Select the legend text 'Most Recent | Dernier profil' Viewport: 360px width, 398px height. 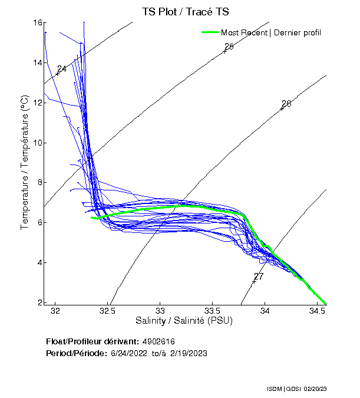pyautogui.click(x=271, y=32)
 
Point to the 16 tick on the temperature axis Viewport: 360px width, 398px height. pyautogui.click(x=37, y=22)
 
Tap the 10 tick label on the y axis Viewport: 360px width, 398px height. pyautogui.click(x=37, y=143)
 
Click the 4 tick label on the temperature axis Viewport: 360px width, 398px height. pyautogui.click(x=38, y=262)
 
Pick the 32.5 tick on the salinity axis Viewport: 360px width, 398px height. pyautogui.click(x=107, y=310)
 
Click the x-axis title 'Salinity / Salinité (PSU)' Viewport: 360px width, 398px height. pyautogui.click(x=184, y=321)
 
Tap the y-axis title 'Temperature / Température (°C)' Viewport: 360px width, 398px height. pyautogui.click(x=25, y=162)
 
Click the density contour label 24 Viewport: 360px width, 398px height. pyautogui.click(x=61, y=69)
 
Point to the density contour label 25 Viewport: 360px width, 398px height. pyautogui.click(x=229, y=47)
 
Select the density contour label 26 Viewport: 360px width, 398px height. pyautogui.click(x=286, y=104)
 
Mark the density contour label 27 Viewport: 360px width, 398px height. pyautogui.click(x=259, y=277)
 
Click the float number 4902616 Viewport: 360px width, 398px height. pyautogui.click(x=158, y=342)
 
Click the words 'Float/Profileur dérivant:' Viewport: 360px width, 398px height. pyautogui.click(x=92, y=342)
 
